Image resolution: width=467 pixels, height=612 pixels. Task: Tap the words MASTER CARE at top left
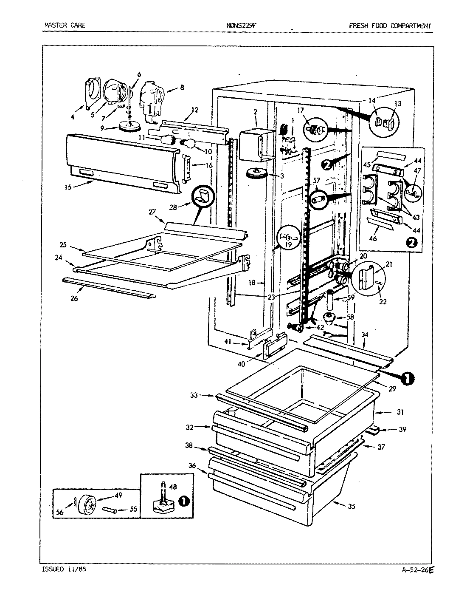(x=65, y=25)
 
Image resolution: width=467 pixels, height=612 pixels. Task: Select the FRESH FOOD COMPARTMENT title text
(x=390, y=26)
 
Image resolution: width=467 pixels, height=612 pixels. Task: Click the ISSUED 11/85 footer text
(x=65, y=569)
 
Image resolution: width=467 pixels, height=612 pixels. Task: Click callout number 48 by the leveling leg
(x=173, y=487)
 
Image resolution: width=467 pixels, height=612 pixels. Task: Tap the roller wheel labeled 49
(x=88, y=506)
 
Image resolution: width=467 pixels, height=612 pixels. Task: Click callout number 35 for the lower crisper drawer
(x=351, y=506)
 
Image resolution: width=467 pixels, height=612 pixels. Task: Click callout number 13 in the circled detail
(x=397, y=104)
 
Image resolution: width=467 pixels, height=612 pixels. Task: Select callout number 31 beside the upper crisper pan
(x=400, y=412)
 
